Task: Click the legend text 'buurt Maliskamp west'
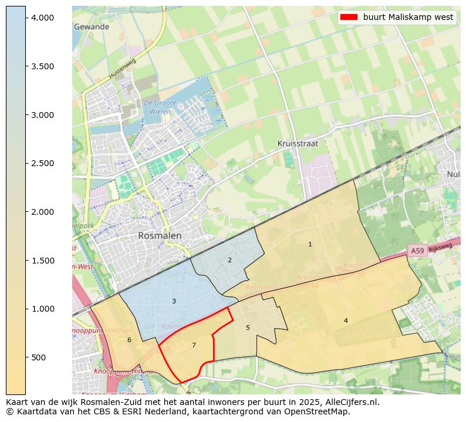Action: [x=408, y=17]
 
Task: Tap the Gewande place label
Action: [x=92, y=27]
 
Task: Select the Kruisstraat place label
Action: [x=298, y=143]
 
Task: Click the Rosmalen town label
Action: [x=160, y=235]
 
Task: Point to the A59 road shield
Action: [x=417, y=251]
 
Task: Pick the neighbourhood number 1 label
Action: [x=310, y=244]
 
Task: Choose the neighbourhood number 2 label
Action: [x=229, y=260]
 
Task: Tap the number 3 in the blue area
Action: [x=174, y=301]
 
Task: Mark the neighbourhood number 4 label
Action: [x=346, y=320]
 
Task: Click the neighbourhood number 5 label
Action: [x=248, y=328]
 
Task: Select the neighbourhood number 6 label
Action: [x=129, y=340]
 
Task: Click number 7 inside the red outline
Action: [x=194, y=345]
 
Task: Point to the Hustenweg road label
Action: [x=122, y=69]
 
